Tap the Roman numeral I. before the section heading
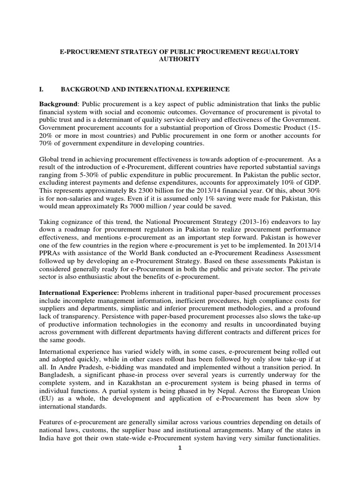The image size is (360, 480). coord(42,89)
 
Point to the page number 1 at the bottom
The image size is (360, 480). coord(180,448)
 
